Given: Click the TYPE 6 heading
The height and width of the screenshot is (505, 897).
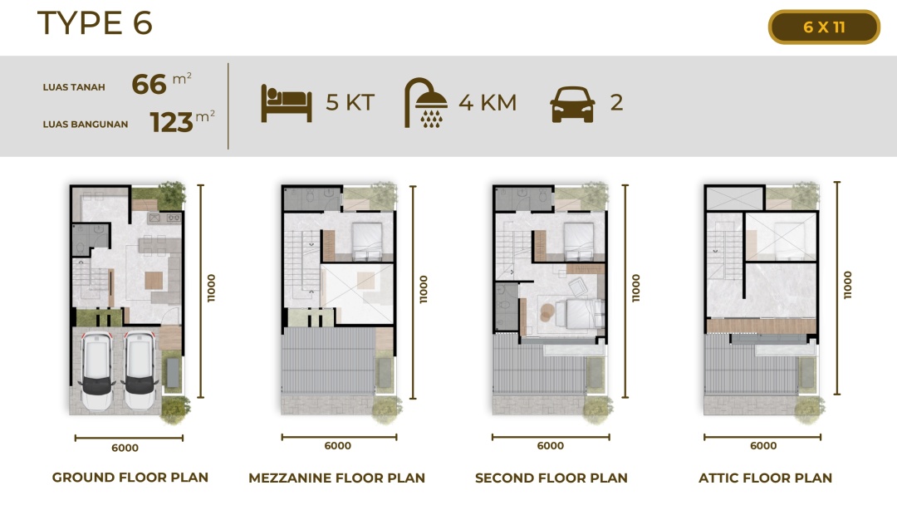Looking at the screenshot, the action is click(x=95, y=23).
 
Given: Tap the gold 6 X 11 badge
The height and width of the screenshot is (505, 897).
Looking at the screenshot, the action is click(x=824, y=27).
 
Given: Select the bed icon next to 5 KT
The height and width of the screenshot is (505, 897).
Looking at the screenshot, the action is click(x=286, y=103).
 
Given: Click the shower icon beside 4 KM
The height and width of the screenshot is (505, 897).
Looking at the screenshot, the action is click(x=425, y=102).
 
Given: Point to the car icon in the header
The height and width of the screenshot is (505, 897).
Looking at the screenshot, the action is click(x=572, y=104).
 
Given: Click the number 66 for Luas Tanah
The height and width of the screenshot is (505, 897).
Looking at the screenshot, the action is click(x=149, y=85).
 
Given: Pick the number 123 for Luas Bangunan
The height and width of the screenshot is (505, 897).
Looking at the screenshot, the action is click(x=171, y=122).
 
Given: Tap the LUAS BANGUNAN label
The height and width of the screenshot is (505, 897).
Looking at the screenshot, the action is click(x=86, y=124).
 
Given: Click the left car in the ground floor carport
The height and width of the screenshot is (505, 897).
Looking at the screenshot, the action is click(x=96, y=370).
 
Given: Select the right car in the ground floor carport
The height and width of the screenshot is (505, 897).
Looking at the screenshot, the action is click(x=140, y=370).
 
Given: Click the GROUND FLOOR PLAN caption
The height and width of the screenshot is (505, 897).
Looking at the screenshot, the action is click(x=130, y=478).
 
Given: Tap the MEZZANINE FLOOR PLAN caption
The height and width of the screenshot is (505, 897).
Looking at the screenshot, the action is click(x=336, y=478).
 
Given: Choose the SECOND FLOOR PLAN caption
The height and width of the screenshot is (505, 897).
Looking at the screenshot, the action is click(x=551, y=478).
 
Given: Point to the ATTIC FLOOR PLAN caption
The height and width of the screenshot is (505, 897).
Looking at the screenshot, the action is click(x=765, y=478).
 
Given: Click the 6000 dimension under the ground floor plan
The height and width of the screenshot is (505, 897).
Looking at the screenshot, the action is click(x=125, y=448).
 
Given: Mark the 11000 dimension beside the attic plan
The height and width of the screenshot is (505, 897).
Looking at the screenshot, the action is click(x=848, y=285).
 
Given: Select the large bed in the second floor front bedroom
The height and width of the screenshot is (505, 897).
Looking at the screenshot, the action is click(x=580, y=314).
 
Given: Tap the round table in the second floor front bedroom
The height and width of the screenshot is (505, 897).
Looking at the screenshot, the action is click(x=547, y=311).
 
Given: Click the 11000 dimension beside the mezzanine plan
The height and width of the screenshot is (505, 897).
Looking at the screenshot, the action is click(x=424, y=289).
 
